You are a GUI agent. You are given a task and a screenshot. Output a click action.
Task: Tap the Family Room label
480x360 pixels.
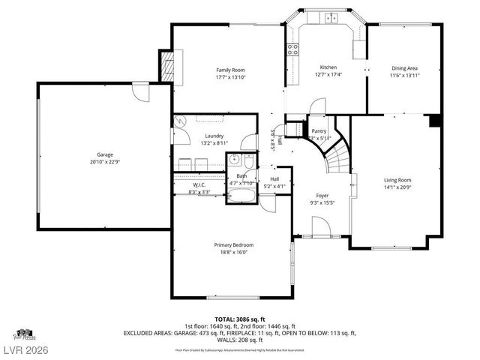[x=230, y=70]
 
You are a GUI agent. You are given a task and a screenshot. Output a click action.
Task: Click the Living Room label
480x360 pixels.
[x=397, y=180]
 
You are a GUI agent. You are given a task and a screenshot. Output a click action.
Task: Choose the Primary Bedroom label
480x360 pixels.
[x=233, y=245]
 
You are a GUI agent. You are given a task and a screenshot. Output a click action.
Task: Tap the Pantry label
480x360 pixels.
[x=319, y=130]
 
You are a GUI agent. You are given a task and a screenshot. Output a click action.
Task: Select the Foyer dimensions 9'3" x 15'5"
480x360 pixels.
[x=322, y=202]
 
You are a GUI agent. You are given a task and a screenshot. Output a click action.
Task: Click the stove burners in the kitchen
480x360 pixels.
[x=293, y=50]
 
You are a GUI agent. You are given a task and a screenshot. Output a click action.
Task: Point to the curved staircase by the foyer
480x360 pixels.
[x=335, y=154]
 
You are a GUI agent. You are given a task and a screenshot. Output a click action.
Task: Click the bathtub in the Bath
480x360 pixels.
[x=241, y=197]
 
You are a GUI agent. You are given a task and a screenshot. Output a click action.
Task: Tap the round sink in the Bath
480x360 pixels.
[x=234, y=159]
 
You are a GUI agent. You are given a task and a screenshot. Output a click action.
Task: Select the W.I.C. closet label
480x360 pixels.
[x=199, y=184]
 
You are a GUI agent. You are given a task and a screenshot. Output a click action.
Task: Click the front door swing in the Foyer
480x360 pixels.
[x=318, y=226]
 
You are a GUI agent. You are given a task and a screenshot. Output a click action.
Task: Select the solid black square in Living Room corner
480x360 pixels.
[x=433, y=121]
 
